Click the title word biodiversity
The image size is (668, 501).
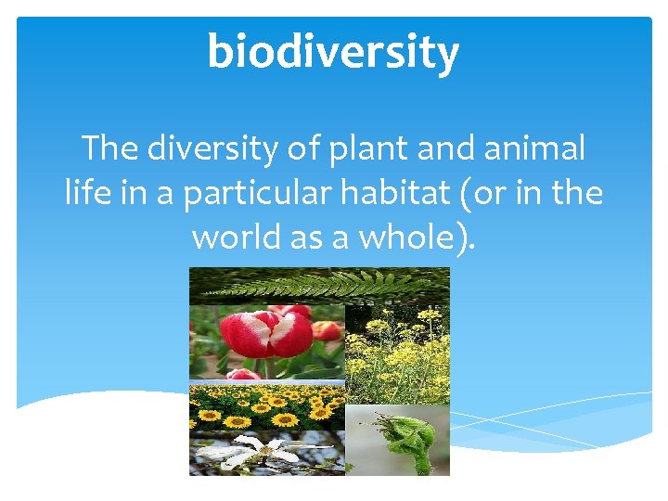333,51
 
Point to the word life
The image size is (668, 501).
84,193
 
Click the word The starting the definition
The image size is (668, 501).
110,148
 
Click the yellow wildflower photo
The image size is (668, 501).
396,353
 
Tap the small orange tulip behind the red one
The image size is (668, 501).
327,330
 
